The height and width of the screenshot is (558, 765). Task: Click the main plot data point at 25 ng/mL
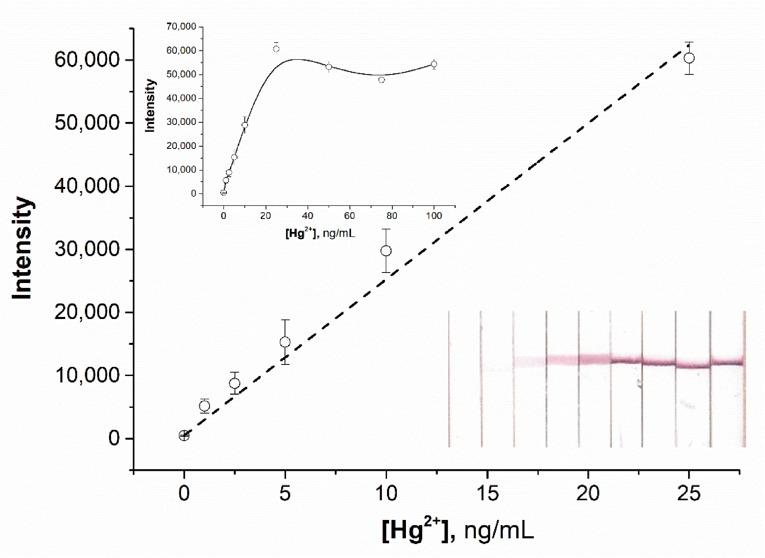(x=689, y=58)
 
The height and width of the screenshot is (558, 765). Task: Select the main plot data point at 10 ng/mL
(x=386, y=251)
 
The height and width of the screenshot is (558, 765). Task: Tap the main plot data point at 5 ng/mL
(x=285, y=342)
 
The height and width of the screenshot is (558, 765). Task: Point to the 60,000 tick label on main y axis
(x=87, y=60)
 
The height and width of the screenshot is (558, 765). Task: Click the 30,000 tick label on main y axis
(x=87, y=249)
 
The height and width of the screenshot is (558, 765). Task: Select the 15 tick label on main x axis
(x=487, y=494)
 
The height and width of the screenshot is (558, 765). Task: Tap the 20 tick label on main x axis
(x=588, y=494)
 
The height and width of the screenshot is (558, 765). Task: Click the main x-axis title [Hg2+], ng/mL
(x=458, y=531)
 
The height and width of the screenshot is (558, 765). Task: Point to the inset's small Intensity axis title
(x=150, y=105)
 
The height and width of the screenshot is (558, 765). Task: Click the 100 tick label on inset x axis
(x=434, y=215)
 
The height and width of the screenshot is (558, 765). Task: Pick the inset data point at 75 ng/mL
(x=381, y=80)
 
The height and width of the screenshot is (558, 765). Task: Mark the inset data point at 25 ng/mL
(x=276, y=49)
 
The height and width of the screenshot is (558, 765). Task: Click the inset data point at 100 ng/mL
(x=434, y=64)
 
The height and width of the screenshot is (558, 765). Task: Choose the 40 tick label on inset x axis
(x=307, y=215)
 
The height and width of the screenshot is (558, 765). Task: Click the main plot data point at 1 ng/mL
(x=204, y=406)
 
